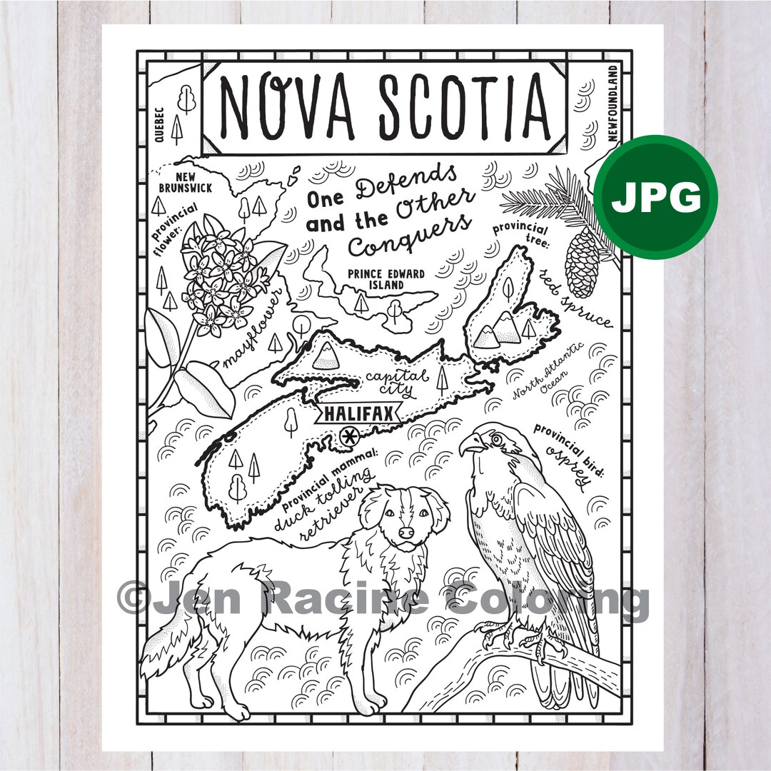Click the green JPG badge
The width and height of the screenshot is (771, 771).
(x=655, y=197)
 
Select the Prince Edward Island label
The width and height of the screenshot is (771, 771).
(x=386, y=279)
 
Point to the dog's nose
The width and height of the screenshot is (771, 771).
(x=405, y=533)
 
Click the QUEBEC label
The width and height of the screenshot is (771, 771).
(x=158, y=125)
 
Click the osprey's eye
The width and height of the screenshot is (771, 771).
(x=492, y=441)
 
